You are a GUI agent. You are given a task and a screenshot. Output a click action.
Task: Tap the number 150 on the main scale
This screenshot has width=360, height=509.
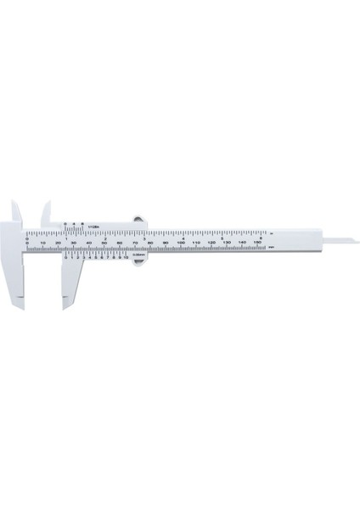256,243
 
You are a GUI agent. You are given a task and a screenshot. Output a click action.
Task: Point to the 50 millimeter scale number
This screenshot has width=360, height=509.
104,243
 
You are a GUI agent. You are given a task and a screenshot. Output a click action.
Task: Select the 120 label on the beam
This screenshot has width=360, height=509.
211,243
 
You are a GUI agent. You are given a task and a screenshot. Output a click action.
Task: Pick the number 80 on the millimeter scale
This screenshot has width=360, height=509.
150,243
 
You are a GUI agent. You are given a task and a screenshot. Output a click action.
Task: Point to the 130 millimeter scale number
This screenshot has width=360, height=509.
226,243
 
